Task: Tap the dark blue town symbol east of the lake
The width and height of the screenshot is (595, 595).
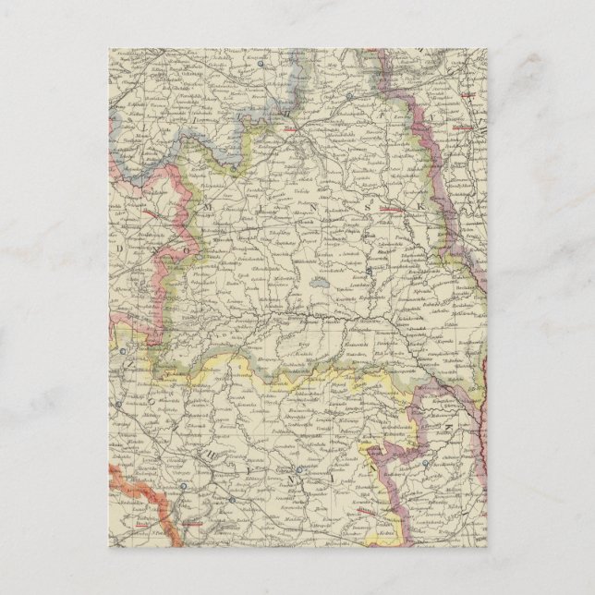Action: pyautogui.click(x=367, y=270)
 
